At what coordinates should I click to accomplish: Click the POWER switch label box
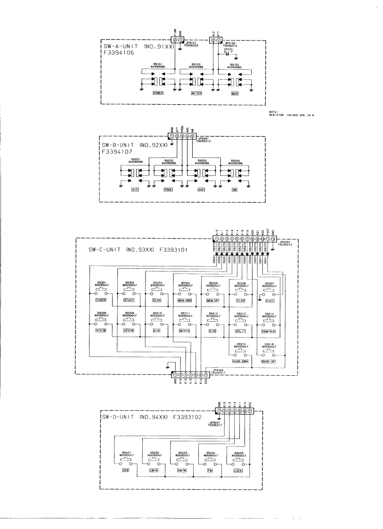[x=158, y=94]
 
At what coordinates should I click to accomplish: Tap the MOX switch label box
[x=235, y=94]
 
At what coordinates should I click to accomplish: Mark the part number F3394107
[x=116, y=152]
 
